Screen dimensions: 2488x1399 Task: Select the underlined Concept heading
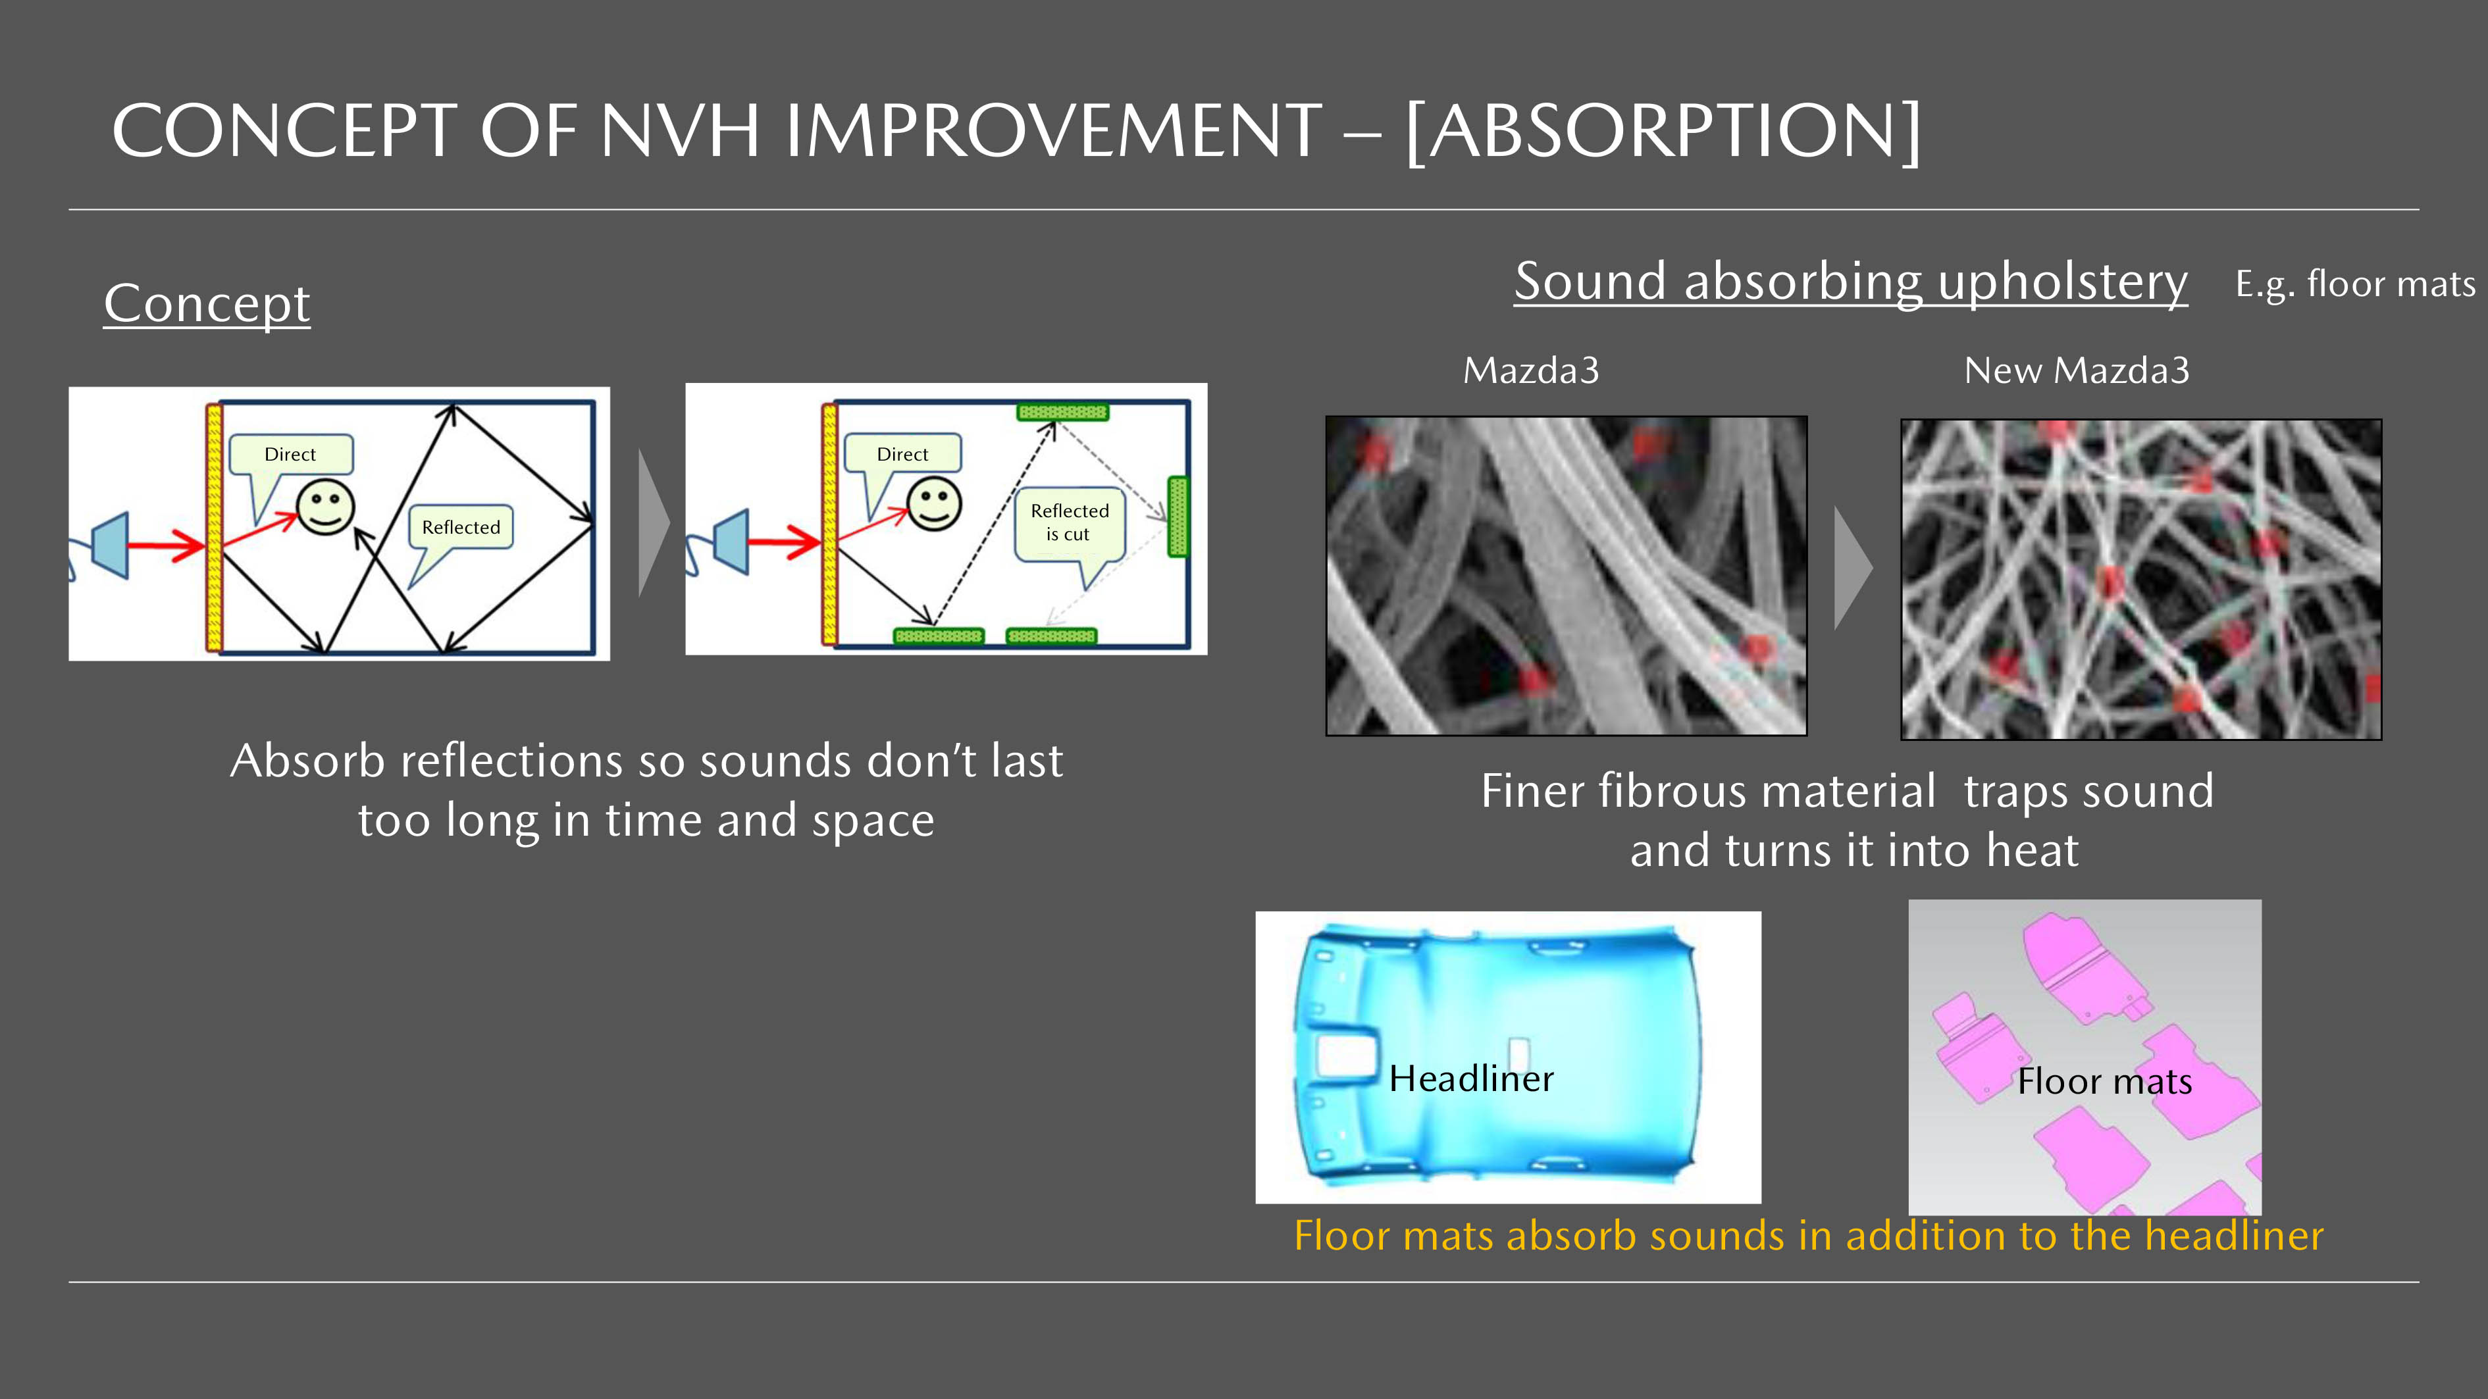tap(207, 303)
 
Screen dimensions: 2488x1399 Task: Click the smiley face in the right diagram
tap(935, 503)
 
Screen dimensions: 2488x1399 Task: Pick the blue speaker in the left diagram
tap(109, 546)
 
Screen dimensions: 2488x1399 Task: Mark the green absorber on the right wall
tap(1178, 517)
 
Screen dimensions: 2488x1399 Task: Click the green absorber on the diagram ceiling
tap(1062, 413)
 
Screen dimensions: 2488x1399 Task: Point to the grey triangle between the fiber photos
tap(1852, 569)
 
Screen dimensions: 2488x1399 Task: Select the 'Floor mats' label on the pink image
tap(2104, 1081)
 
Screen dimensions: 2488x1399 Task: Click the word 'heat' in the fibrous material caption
tap(2032, 851)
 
